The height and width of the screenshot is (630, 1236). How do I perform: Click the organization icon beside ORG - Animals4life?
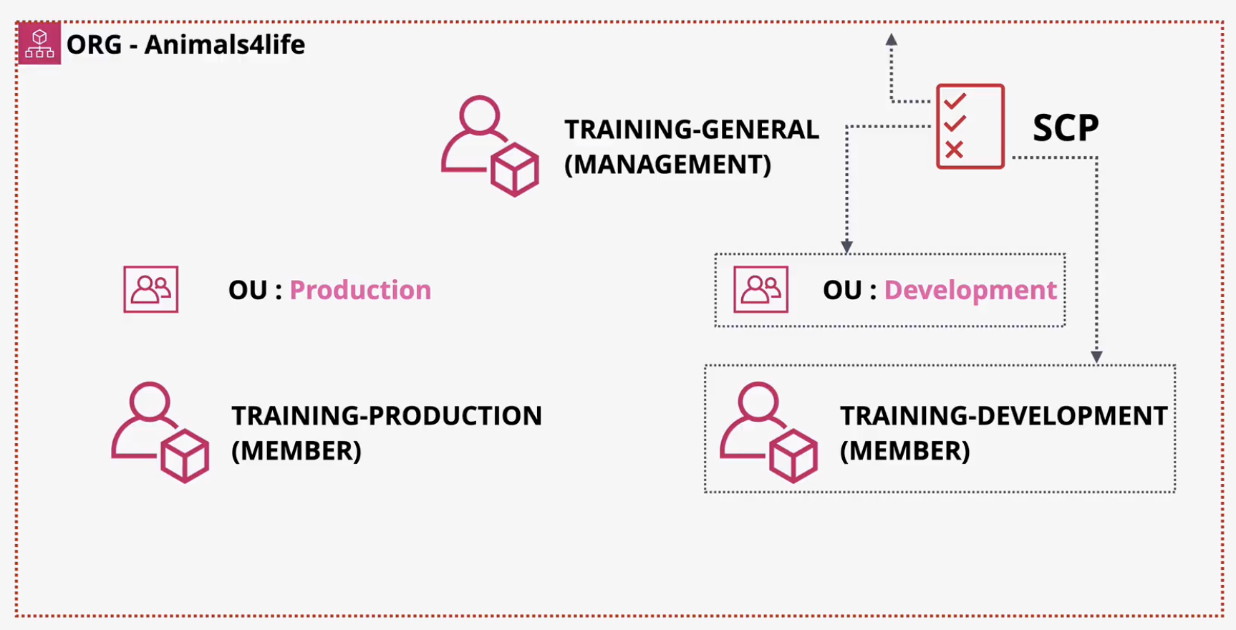click(39, 43)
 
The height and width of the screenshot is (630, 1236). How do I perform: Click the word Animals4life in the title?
click(225, 44)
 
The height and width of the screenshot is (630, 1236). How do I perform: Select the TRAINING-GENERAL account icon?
click(490, 146)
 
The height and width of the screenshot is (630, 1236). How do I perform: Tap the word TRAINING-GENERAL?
click(692, 130)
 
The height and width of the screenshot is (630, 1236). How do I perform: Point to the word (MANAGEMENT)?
click(668, 165)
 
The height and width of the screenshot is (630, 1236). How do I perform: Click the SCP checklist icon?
click(970, 127)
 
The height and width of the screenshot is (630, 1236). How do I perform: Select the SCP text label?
click(1066, 128)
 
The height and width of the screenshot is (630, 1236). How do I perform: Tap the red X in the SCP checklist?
click(954, 150)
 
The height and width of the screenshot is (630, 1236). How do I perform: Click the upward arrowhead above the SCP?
click(892, 39)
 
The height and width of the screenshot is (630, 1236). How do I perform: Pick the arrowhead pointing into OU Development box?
click(847, 247)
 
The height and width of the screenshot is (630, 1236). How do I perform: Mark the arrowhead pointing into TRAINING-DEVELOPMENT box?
click(1096, 357)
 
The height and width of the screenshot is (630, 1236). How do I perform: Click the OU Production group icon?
click(151, 289)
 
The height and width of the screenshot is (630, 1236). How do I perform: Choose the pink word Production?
click(360, 290)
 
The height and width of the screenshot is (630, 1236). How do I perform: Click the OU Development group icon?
click(761, 289)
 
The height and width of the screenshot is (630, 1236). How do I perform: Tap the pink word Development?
click(970, 290)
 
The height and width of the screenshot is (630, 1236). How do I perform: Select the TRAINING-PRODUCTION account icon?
click(160, 432)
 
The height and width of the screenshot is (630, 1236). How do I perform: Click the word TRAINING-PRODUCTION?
click(387, 416)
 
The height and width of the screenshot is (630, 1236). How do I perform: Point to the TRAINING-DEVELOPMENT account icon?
click(769, 432)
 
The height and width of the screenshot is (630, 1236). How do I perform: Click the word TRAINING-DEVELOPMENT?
click(1004, 416)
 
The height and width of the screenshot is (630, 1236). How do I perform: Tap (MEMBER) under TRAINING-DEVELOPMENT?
click(905, 451)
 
